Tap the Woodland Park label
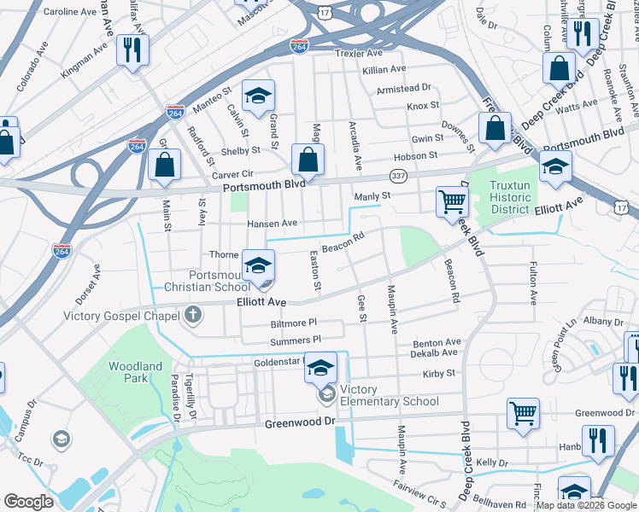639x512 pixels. [x=135, y=372]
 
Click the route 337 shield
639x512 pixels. [x=399, y=174]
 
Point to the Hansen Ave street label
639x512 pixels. [x=271, y=224]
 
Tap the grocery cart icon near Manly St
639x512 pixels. [x=452, y=202]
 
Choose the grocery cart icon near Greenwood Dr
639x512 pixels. [x=523, y=414]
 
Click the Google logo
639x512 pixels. [x=28, y=501]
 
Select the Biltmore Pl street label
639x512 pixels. [x=294, y=323]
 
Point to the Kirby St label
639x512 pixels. [x=439, y=374]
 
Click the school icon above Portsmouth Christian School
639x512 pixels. [x=258, y=265]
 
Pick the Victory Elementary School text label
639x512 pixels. [x=389, y=396]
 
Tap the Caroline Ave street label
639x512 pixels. [x=70, y=13]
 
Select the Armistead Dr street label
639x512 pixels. [x=404, y=88]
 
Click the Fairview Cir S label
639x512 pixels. [x=419, y=499]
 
